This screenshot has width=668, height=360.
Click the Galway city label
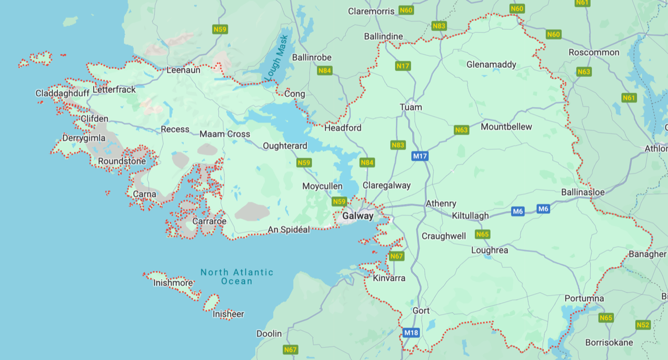358,216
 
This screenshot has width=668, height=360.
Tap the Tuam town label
411,107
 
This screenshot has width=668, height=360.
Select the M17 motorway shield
420,156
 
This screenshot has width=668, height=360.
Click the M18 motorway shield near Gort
411,332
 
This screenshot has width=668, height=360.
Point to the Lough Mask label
277,57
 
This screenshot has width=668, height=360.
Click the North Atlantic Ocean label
237,277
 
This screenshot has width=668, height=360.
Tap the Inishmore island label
173,283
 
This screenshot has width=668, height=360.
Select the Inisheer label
228,314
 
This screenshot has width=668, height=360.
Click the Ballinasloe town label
583,192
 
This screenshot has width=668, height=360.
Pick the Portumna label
584,298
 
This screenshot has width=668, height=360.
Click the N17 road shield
403,66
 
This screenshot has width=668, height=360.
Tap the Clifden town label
94,119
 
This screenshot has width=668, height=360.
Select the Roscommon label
594,52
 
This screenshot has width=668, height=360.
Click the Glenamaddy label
491,65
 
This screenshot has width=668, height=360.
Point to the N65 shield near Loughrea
482,234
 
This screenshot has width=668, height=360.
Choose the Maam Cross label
225,134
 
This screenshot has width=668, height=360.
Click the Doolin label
269,333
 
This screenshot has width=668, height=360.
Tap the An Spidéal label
289,230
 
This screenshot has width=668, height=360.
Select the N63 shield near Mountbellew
461,130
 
